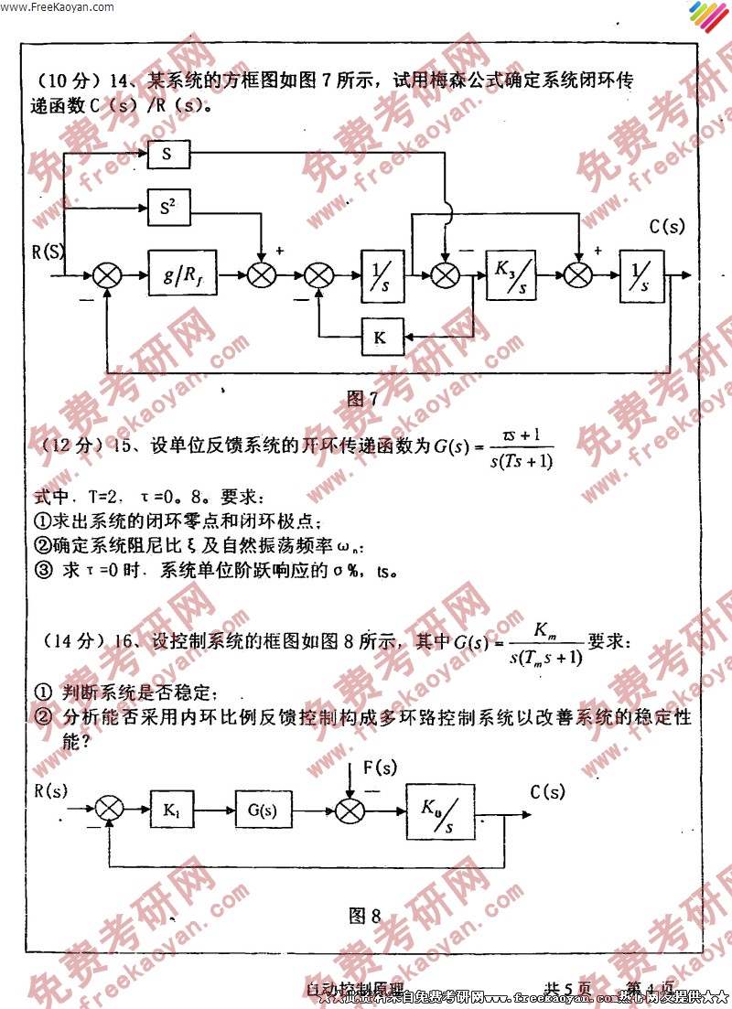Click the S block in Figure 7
167,155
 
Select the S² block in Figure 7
167,209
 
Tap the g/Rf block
179,274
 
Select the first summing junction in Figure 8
109,808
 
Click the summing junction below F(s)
350,809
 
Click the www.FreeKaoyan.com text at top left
58,6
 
